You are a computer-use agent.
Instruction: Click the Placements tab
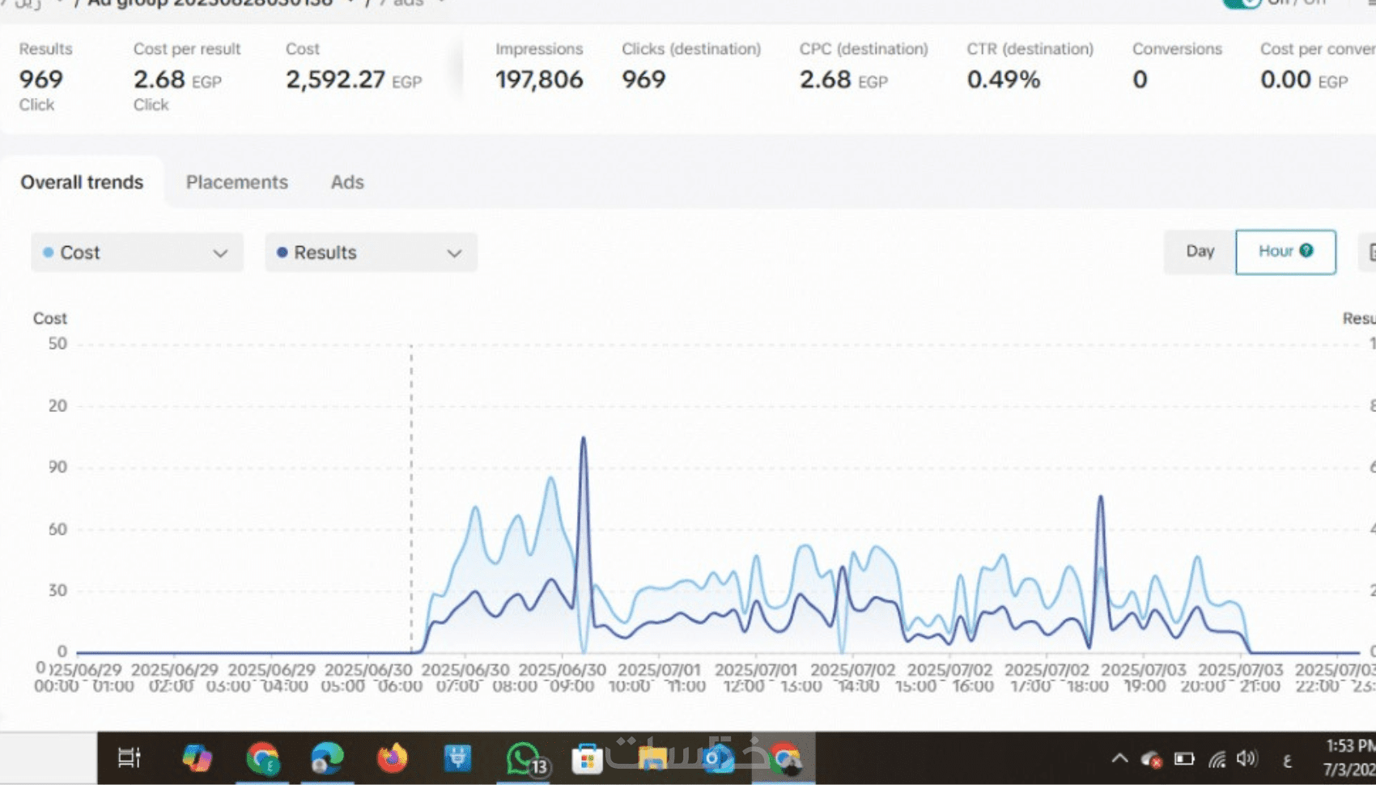click(236, 182)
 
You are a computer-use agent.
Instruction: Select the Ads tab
click(347, 182)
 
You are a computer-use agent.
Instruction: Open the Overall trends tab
click(82, 182)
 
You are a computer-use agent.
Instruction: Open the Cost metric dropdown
click(137, 252)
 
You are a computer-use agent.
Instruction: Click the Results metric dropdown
click(371, 252)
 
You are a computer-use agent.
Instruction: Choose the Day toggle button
click(1200, 252)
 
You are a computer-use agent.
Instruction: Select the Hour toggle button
click(1285, 252)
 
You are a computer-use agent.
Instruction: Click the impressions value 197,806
click(539, 79)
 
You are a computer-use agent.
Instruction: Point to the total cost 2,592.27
click(335, 79)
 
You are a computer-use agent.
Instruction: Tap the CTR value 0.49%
click(1004, 79)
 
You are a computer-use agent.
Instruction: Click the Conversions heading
click(1177, 49)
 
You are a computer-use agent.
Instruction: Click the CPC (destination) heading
click(864, 49)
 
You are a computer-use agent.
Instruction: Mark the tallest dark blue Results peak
click(583, 439)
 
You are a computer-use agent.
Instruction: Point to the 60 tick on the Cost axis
click(57, 529)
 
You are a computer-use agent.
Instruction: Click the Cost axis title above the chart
click(49, 318)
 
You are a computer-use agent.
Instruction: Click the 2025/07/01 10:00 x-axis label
click(658, 678)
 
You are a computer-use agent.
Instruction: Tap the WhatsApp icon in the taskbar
click(524, 758)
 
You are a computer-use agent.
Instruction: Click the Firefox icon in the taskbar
click(393, 758)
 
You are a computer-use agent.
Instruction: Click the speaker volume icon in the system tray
click(1246, 758)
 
